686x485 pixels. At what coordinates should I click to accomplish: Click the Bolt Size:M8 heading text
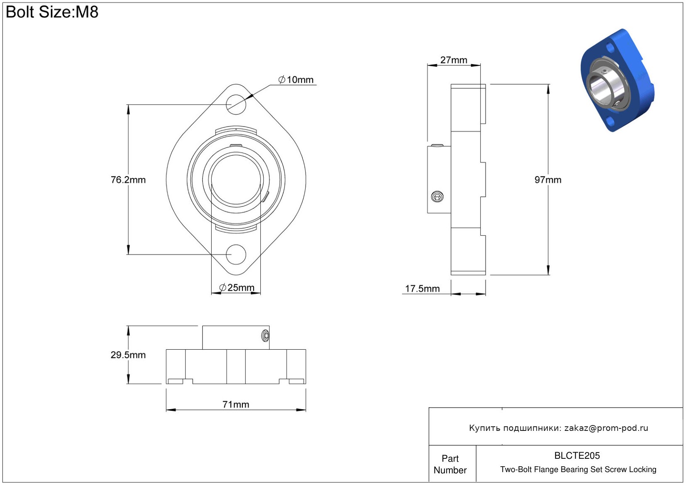click(x=52, y=12)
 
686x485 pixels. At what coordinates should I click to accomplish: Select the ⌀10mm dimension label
click(x=296, y=80)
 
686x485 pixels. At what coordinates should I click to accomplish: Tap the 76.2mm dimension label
click(x=128, y=180)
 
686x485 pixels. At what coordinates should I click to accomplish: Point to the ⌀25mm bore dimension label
click(x=237, y=288)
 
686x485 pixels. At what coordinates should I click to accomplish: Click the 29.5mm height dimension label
click(x=128, y=355)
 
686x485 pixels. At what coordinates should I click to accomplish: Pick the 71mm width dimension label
click(x=236, y=405)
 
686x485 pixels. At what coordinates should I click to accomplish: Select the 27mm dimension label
click(x=454, y=60)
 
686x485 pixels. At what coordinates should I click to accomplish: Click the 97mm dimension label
click(x=548, y=180)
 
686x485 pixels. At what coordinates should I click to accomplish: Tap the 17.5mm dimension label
click(x=422, y=289)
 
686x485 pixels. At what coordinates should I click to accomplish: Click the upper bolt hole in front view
click(x=236, y=104)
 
